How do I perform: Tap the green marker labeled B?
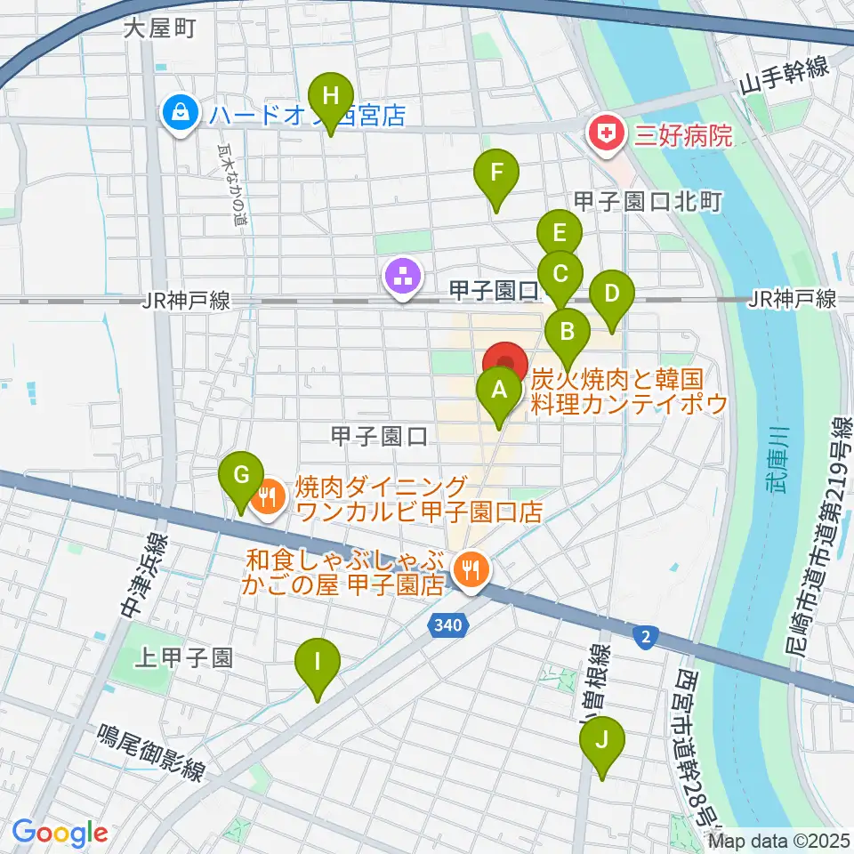567,334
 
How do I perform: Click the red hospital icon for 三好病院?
605,135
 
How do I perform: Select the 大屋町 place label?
158,28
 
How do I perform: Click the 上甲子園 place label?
184,658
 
